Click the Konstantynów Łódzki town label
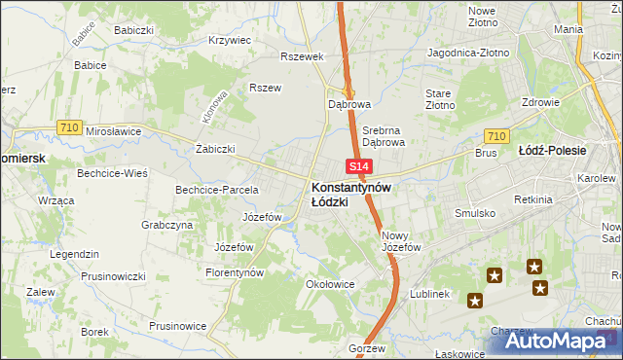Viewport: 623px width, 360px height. pyautogui.click(x=351, y=194)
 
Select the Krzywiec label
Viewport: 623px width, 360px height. pyautogui.click(x=231, y=41)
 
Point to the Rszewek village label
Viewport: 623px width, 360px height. pyautogui.click(x=301, y=56)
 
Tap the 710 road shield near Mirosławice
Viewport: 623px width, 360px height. pyautogui.click(x=68, y=126)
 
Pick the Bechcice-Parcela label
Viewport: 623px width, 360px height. pyautogui.click(x=216, y=189)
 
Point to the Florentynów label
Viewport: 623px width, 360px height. pyautogui.click(x=235, y=273)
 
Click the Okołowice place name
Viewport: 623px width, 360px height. pyautogui.click(x=328, y=285)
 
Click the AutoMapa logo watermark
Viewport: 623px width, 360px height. pyautogui.click(x=556, y=340)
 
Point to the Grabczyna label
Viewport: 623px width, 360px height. pyautogui.click(x=166, y=225)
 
